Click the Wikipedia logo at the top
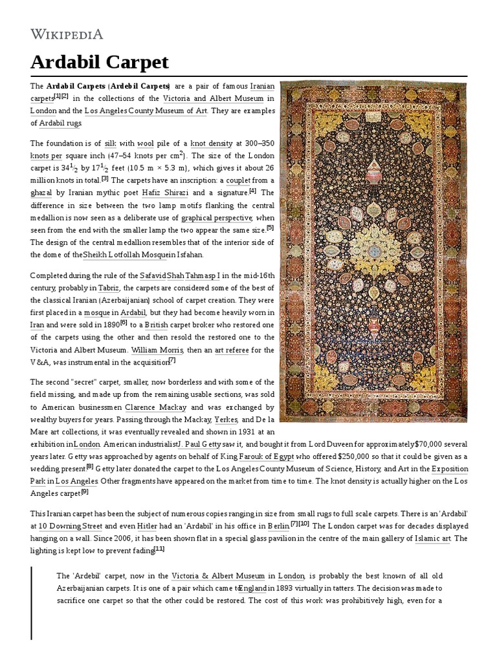coord(67,34)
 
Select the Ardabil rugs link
coord(61,123)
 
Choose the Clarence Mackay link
coord(155,408)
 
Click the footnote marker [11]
coord(159,550)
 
